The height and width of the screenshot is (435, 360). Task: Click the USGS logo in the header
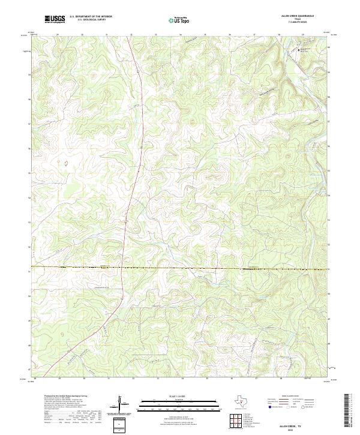pos(55,19)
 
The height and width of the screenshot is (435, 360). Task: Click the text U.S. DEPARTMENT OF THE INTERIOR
pos(91,17)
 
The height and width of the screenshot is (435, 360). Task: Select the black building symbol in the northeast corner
pos(300,51)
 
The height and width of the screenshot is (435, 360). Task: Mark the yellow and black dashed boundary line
pos(180,268)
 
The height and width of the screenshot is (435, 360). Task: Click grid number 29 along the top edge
pos(58,35)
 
